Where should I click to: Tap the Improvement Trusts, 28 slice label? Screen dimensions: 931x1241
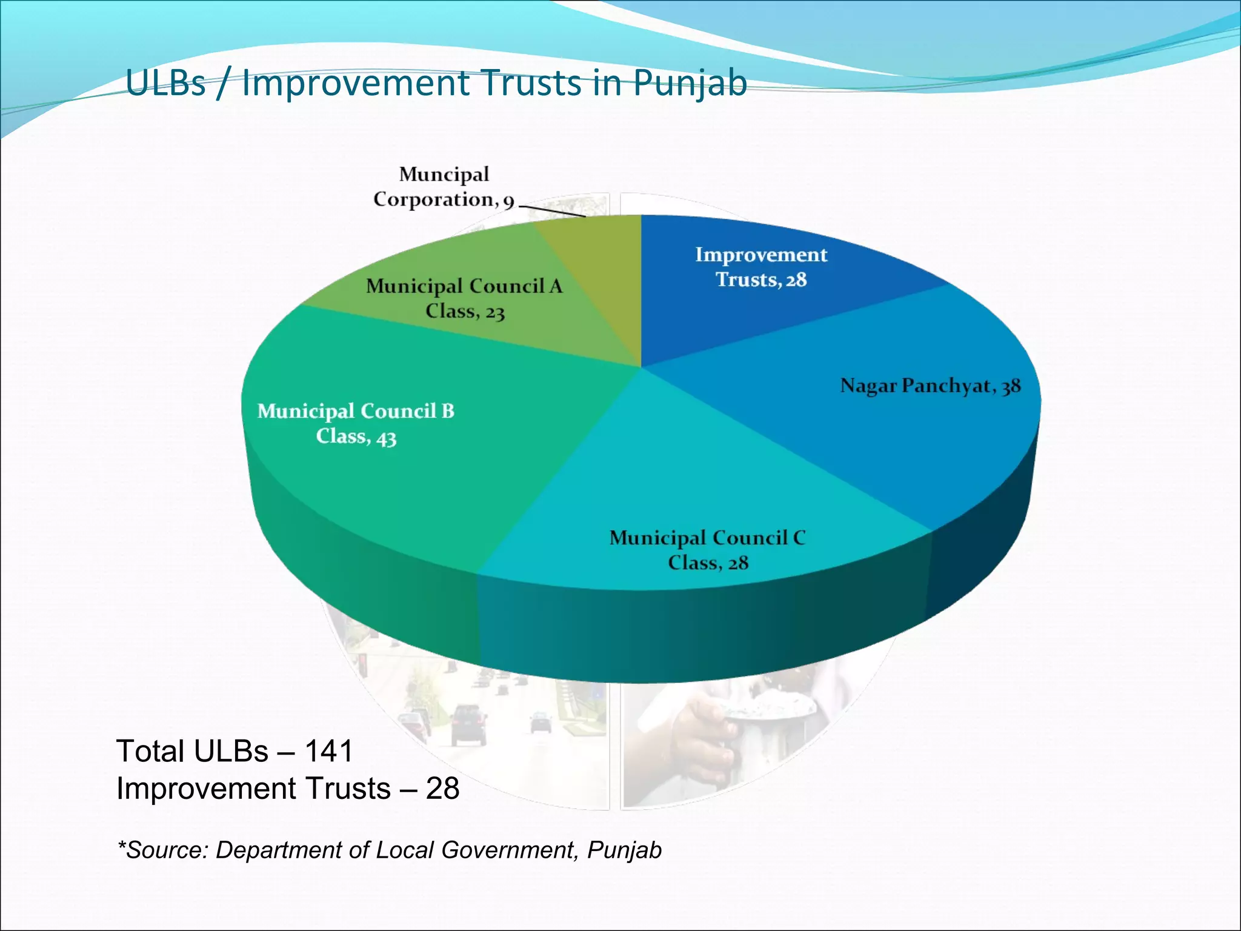[760, 267]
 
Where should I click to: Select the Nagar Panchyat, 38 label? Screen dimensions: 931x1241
[930, 386]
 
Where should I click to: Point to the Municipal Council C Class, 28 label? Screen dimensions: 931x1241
[707, 550]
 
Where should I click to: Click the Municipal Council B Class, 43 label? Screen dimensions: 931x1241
[356, 424]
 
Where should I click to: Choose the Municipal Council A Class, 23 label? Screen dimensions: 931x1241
[464, 298]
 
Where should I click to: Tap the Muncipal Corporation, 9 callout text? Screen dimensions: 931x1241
[444, 187]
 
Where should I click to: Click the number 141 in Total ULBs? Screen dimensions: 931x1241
[328, 752]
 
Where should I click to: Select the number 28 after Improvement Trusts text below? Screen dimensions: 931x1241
[442, 789]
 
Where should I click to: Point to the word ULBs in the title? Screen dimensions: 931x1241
[165, 84]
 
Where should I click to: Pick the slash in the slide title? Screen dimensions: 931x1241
[223, 84]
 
